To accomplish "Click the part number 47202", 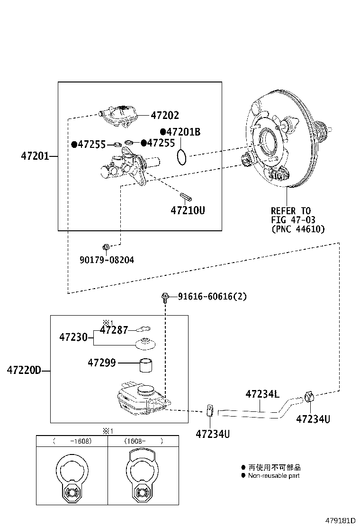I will click(165, 115).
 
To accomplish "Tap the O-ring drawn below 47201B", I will click(181, 156).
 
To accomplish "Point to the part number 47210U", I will click(188, 209).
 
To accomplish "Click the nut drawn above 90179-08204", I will click(107, 246).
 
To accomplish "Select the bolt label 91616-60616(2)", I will click(212, 297).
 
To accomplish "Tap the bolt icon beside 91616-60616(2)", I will click(164, 298).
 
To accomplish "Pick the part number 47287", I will click(114, 330).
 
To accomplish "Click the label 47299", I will click(102, 363).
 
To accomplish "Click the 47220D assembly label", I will click(24, 370).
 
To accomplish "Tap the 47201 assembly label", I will click(35, 155).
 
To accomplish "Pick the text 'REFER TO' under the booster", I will click(291, 210).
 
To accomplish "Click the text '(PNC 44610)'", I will click(298, 229).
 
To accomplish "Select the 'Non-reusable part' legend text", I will click(274, 475).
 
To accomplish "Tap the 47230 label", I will click(73, 337).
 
